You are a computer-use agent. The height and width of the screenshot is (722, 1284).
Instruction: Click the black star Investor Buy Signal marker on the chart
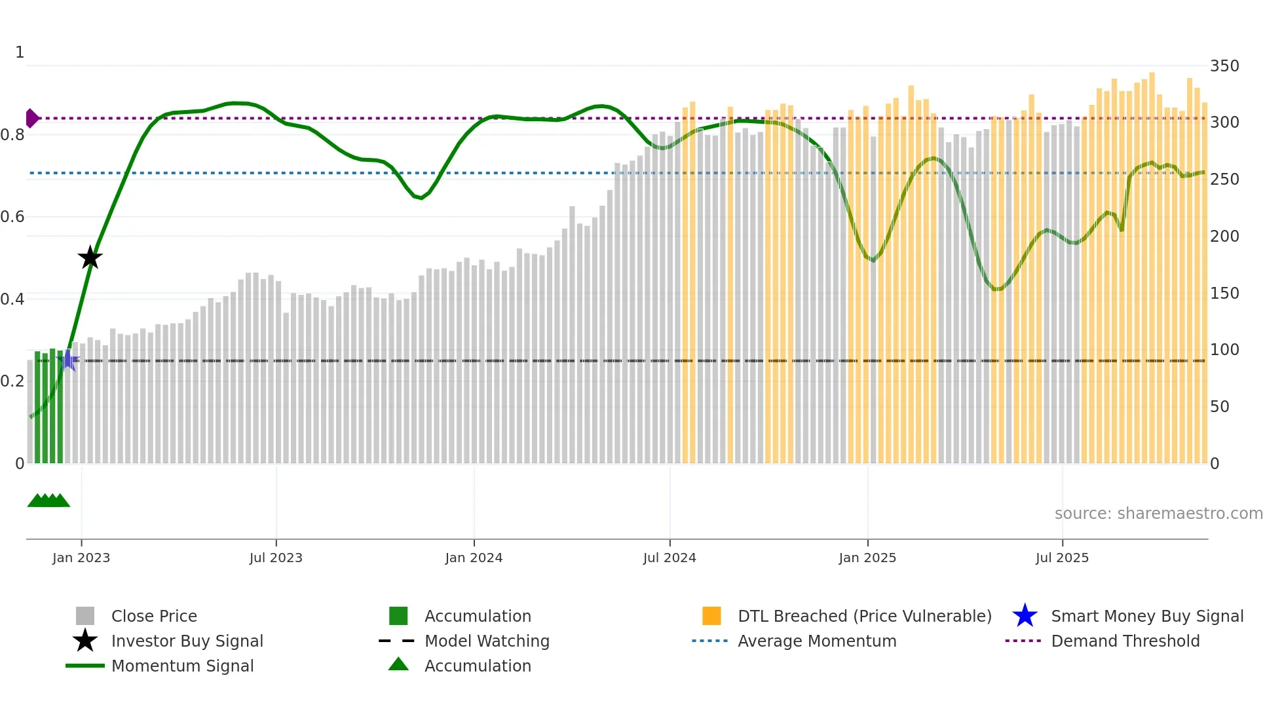pyautogui.click(x=90, y=257)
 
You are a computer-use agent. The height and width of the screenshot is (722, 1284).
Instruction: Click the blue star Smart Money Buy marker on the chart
pyautogui.click(x=69, y=360)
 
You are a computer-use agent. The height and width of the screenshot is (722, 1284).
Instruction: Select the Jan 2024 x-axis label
pyautogui.click(x=474, y=558)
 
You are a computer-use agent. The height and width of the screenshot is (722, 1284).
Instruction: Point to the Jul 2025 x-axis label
pyautogui.click(x=1062, y=558)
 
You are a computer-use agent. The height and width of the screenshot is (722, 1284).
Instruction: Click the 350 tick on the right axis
pyautogui.click(x=1224, y=66)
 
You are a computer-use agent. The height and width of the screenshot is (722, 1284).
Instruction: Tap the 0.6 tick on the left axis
pyautogui.click(x=13, y=217)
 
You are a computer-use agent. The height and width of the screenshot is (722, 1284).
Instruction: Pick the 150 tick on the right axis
pyautogui.click(x=1224, y=294)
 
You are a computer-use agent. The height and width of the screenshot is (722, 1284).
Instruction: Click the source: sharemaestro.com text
pyautogui.click(x=1158, y=514)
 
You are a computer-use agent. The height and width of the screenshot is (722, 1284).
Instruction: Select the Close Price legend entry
pyautogui.click(x=154, y=617)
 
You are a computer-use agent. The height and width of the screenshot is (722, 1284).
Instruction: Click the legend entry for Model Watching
pyautogui.click(x=487, y=641)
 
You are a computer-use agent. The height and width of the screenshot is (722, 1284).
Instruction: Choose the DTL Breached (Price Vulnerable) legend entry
pyautogui.click(x=864, y=617)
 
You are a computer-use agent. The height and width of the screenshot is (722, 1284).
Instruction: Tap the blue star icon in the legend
pyautogui.click(x=1025, y=617)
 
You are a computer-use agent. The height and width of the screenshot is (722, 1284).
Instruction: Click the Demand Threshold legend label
pyautogui.click(x=1125, y=641)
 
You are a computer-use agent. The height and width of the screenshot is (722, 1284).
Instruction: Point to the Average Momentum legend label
pyautogui.click(x=816, y=641)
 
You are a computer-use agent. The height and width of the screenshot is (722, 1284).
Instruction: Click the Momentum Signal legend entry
pyautogui.click(x=182, y=666)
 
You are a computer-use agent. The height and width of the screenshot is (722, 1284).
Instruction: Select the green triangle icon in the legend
pyautogui.click(x=398, y=664)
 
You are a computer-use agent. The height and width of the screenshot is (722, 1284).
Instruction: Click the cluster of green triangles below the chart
pyautogui.click(x=48, y=501)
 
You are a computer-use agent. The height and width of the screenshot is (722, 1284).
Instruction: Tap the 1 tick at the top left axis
pyautogui.click(x=20, y=52)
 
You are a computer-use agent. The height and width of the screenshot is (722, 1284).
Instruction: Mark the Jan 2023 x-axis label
pyautogui.click(x=81, y=558)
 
